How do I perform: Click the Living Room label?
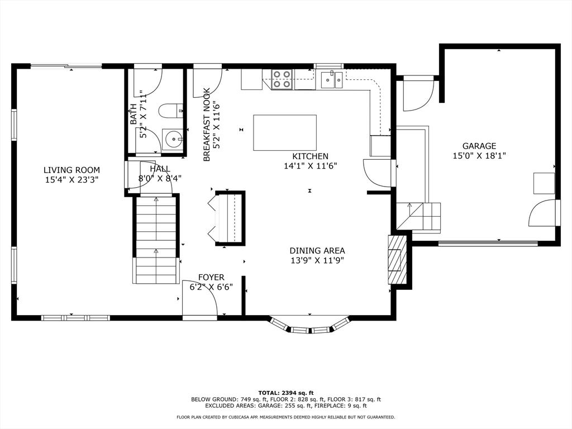(x=71, y=170)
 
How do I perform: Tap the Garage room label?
(x=479, y=146)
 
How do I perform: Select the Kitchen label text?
(x=311, y=156)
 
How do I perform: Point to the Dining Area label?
(x=317, y=251)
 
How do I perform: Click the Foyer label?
(x=211, y=277)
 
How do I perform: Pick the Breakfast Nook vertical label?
(x=207, y=125)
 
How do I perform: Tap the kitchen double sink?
(x=332, y=80)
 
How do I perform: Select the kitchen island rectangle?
(x=285, y=132)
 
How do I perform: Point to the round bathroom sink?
(x=173, y=139)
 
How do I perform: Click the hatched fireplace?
(x=397, y=260)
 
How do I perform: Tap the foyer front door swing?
(x=201, y=298)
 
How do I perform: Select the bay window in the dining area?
(x=310, y=326)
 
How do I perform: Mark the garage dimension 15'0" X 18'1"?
(x=479, y=156)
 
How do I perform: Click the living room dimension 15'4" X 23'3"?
(x=71, y=180)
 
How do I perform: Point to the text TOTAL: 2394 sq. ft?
(x=285, y=393)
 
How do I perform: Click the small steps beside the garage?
(x=418, y=217)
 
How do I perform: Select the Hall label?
(x=160, y=169)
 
